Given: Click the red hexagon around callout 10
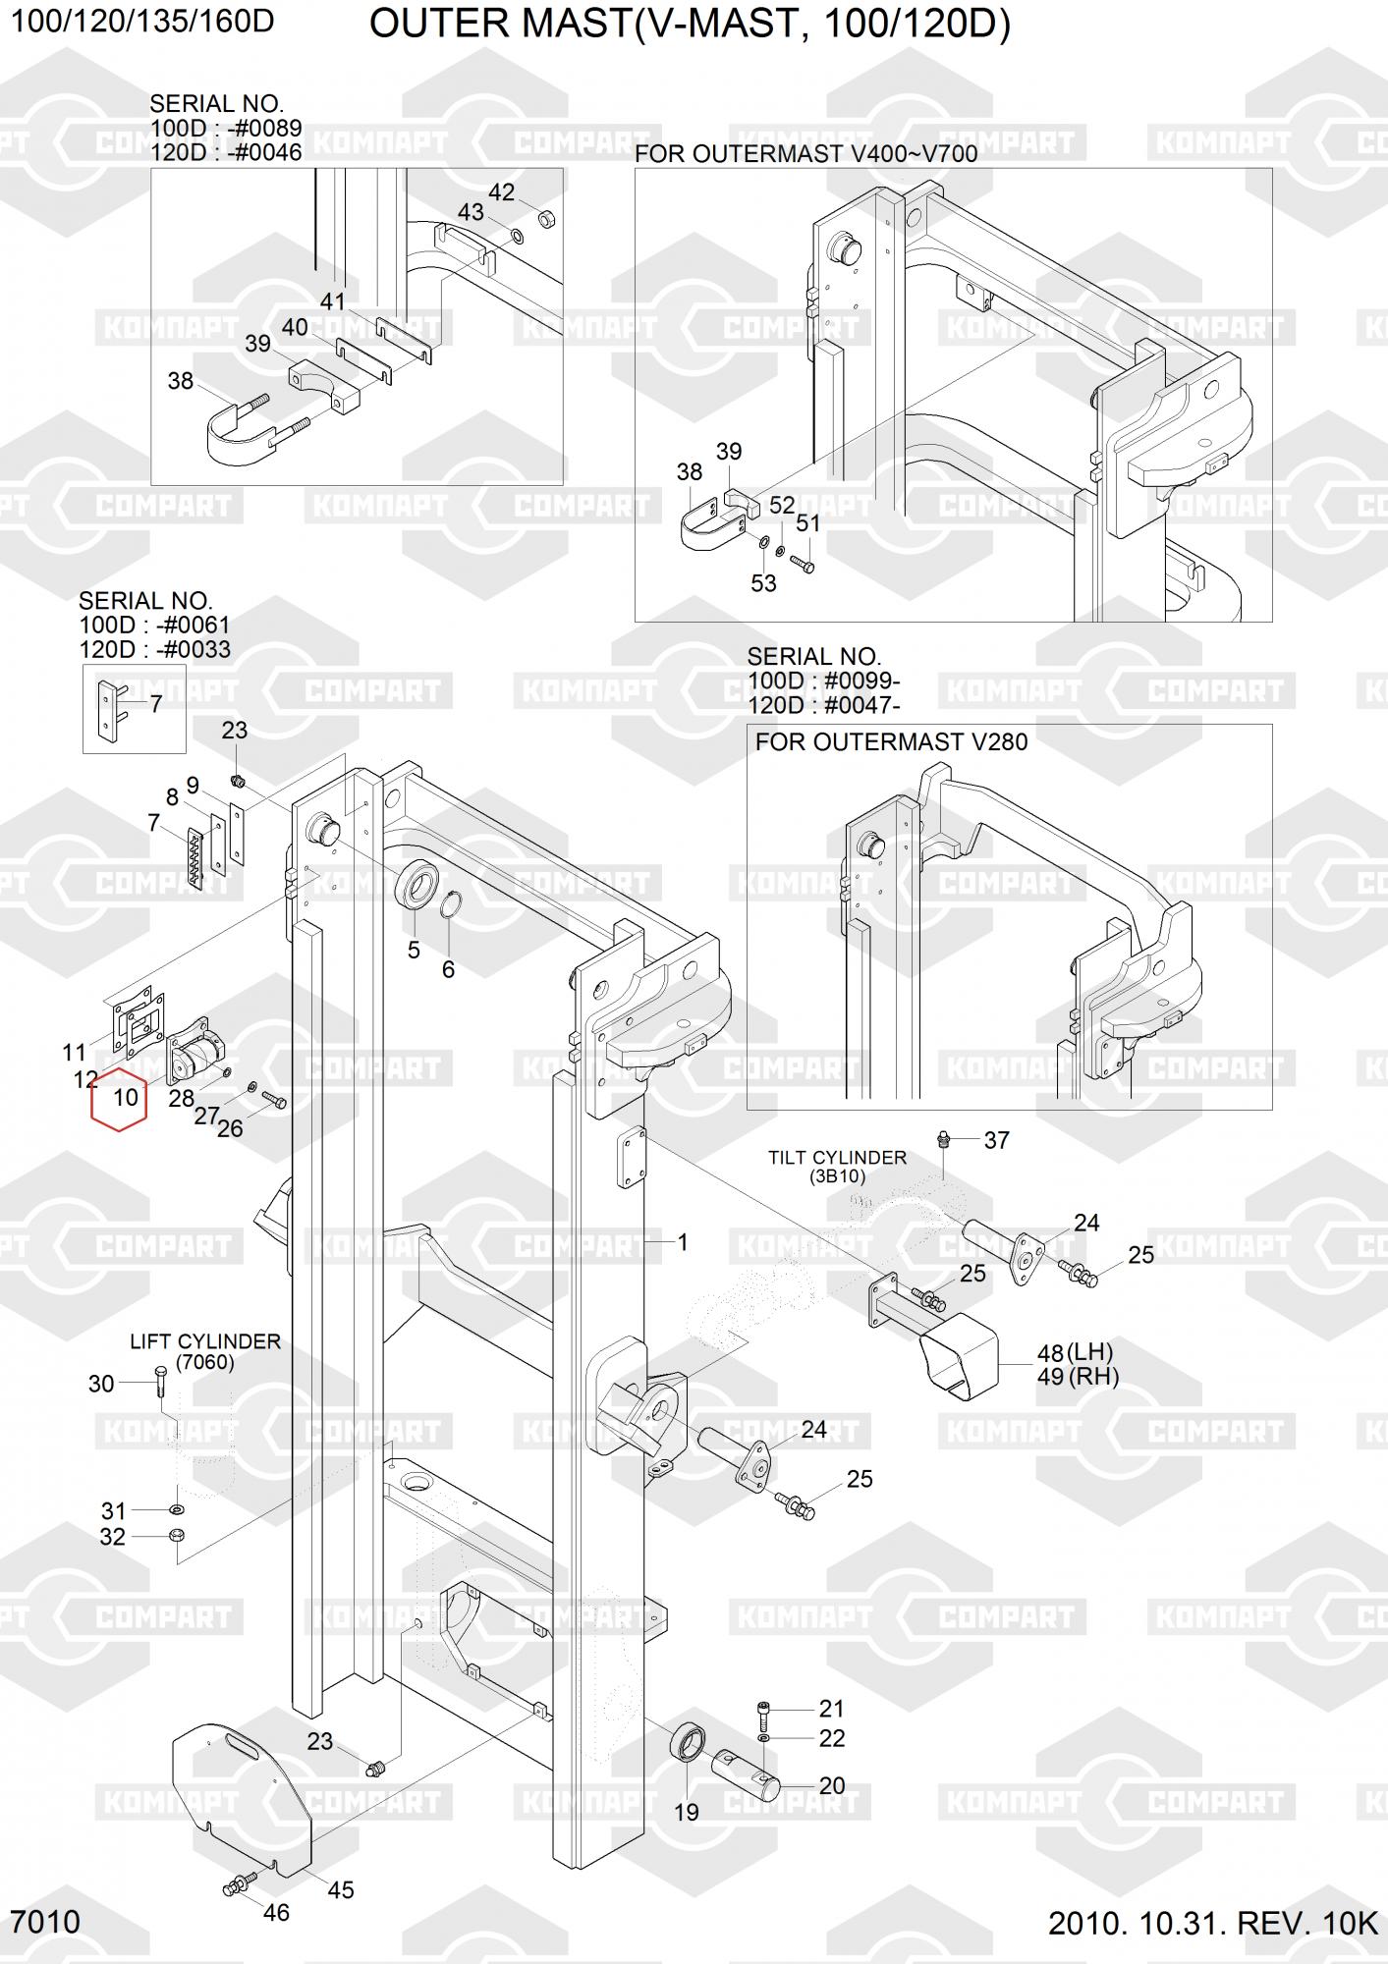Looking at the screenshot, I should coord(119,1100).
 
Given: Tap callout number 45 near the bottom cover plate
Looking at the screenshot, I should coord(340,1889).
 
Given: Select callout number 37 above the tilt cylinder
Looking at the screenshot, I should coord(996,1140).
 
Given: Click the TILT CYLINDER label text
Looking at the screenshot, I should coord(837,1158).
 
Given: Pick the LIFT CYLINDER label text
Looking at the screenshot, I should coord(205,1341).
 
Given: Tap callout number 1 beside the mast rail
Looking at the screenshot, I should coord(683,1242).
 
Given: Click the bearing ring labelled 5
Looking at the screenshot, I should coord(416,885).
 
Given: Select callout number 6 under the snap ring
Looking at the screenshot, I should coord(448,969).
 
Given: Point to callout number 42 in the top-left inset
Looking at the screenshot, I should coord(501,192).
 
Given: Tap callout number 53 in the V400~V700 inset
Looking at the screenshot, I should coord(763,583).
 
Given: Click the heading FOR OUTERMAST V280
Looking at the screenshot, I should coord(891,741).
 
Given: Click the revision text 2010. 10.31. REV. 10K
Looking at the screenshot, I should coord(1213,1923).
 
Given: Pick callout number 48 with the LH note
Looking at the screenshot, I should coord(1050,1353).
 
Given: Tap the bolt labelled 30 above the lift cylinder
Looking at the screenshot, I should coord(159,1383).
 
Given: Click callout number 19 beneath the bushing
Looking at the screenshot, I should coord(686,1813).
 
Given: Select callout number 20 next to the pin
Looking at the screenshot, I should coord(831,1785).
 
